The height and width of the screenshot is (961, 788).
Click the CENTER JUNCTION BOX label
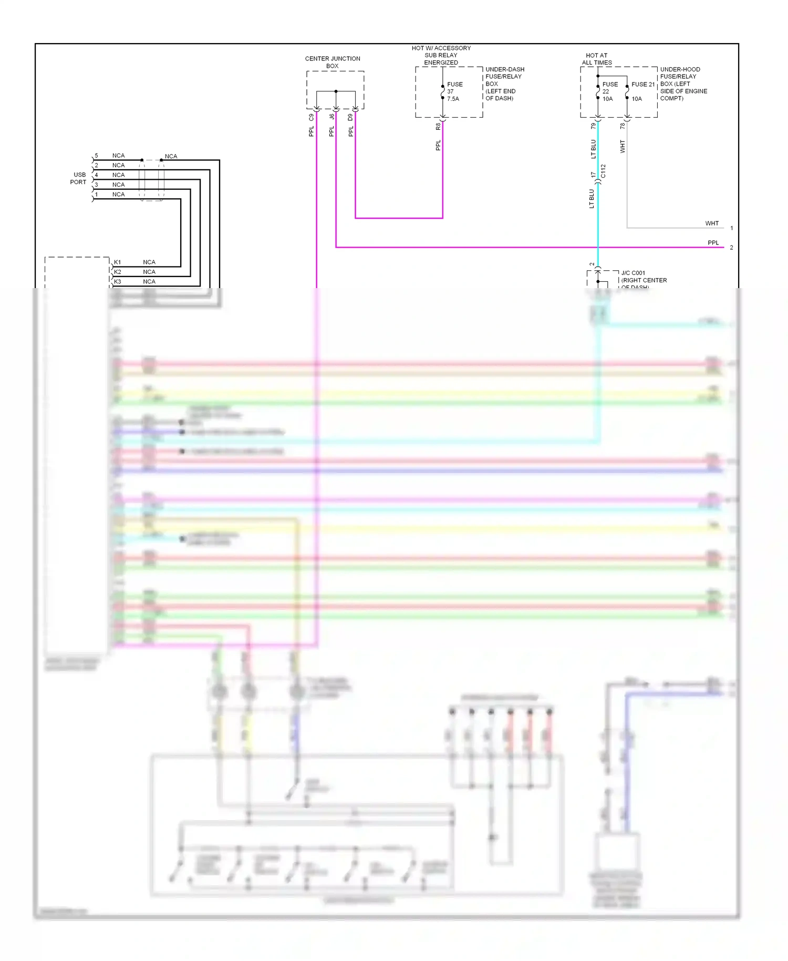click(333, 62)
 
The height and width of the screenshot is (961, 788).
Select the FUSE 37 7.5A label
click(454, 91)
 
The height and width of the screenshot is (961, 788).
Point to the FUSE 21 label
click(643, 84)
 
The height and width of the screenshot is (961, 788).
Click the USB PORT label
click(79, 178)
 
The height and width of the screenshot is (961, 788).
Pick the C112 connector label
click(603, 171)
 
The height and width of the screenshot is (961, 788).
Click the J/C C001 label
click(633, 273)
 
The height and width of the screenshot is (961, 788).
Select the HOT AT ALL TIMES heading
click(597, 59)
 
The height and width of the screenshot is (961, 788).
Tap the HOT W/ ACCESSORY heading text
click(441, 48)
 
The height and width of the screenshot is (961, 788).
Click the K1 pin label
click(118, 262)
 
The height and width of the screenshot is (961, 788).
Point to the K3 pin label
click(118, 281)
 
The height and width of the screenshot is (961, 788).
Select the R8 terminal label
click(438, 126)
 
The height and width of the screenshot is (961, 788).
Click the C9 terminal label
click(311, 117)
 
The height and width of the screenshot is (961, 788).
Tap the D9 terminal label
click(350, 117)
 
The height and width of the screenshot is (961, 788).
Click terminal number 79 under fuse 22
click(593, 126)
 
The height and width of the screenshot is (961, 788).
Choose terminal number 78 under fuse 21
click(623, 126)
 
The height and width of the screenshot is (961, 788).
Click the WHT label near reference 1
click(711, 223)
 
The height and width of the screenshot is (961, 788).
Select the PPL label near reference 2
click(713, 243)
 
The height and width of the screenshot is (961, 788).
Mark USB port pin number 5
click(96, 156)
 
